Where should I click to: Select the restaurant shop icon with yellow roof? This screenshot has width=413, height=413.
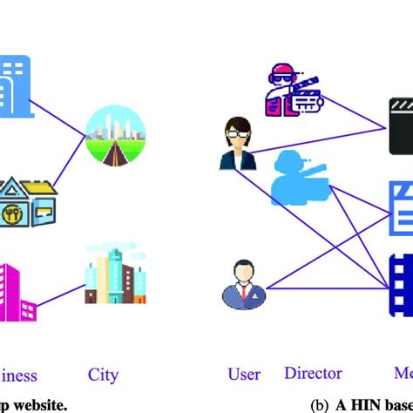[26, 200]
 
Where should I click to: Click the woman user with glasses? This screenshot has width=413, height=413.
[238, 144]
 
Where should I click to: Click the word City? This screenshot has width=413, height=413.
[103, 376]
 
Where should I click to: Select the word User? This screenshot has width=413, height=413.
[244, 375]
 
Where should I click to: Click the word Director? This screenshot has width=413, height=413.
[313, 374]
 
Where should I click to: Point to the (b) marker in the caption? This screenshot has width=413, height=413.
[321, 403]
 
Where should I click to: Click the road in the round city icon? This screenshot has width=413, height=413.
[116, 157]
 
